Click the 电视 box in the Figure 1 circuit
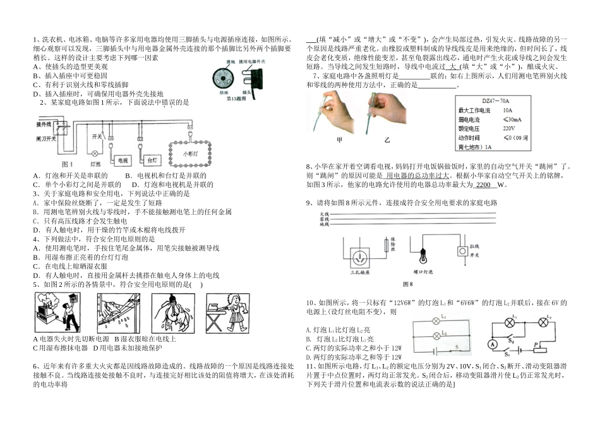(x=123, y=161)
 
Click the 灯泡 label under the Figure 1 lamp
(x=96, y=164)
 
